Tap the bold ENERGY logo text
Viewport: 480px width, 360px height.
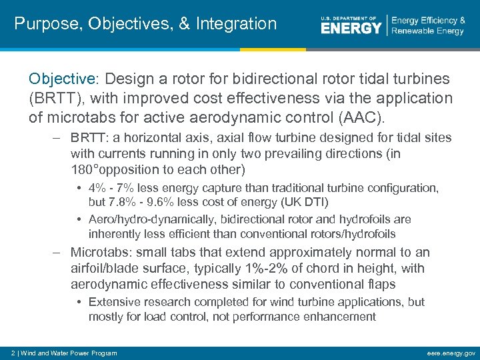click(x=351, y=28)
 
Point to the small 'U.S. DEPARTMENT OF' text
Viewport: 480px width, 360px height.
click(x=349, y=17)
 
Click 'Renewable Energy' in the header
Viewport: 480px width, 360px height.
click(x=427, y=31)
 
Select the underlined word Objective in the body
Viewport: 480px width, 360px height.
click(x=62, y=79)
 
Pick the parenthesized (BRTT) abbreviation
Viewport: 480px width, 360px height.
click(x=56, y=98)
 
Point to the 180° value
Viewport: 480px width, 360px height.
click(x=85, y=169)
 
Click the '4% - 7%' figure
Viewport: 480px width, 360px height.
click(x=111, y=189)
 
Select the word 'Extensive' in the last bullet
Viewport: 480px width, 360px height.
click(x=111, y=302)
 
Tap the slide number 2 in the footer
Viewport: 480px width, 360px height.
click(x=13, y=353)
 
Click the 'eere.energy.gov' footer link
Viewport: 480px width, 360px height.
click(x=450, y=353)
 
